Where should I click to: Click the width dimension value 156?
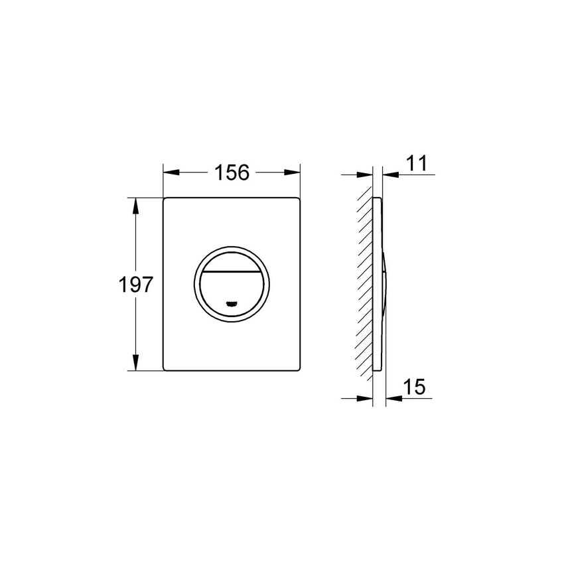pyautogui.click(x=232, y=173)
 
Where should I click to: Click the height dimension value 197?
pyautogui.click(x=136, y=285)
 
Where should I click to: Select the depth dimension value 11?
pyautogui.click(x=417, y=163)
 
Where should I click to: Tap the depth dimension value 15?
pyautogui.click(x=413, y=387)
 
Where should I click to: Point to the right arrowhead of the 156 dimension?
pyautogui.click(x=293, y=173)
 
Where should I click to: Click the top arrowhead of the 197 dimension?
pyautogui.click(x=137, y=204)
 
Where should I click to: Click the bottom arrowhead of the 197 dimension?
pyautogui.click(x=137, y=364)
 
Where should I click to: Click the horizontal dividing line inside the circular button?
pyautogui.click(x=232, y=273)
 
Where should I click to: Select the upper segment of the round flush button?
pyautogui.click(x=232, y=263)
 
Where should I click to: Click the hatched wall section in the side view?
pyautogui.click(x=365, y=285)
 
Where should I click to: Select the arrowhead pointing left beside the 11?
pyautogui.click(x=390, y=175)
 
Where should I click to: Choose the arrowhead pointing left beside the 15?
pyautogui.click(x=390, y=398)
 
